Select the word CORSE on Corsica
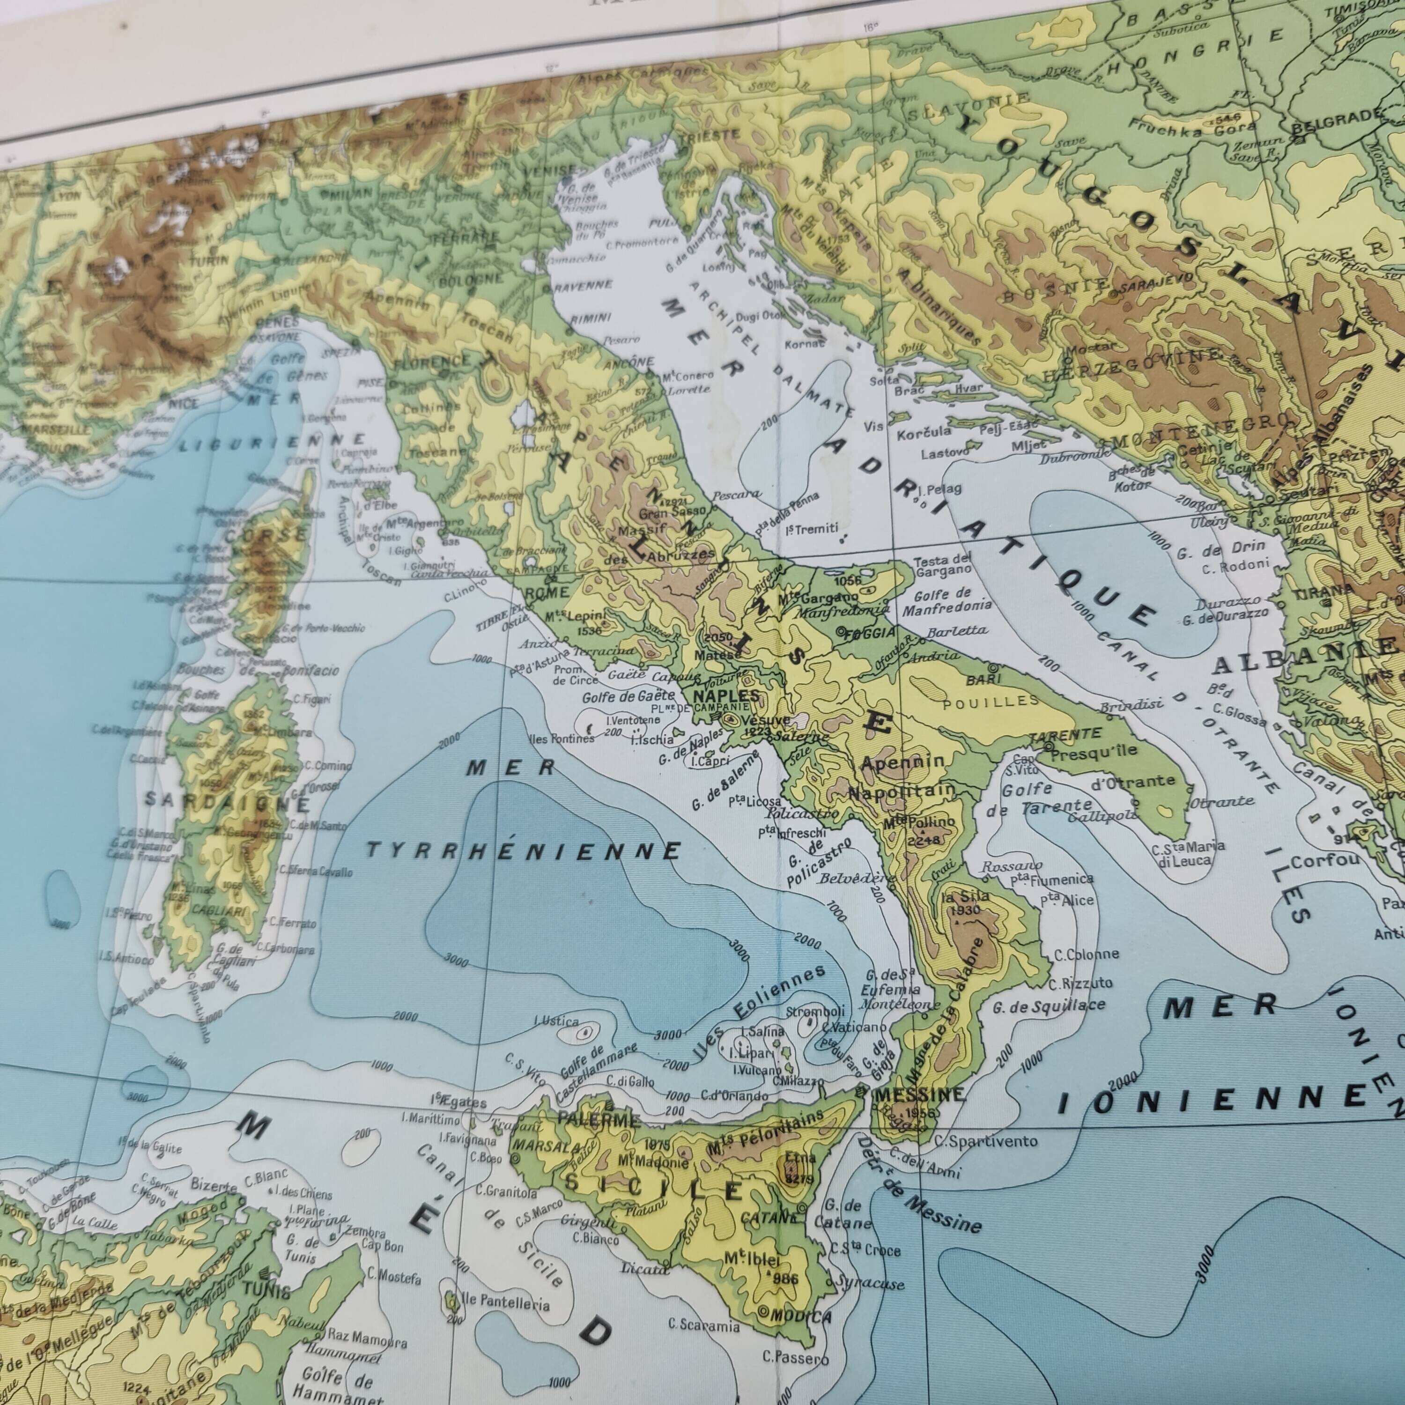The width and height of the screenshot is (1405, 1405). click(266, 534)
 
